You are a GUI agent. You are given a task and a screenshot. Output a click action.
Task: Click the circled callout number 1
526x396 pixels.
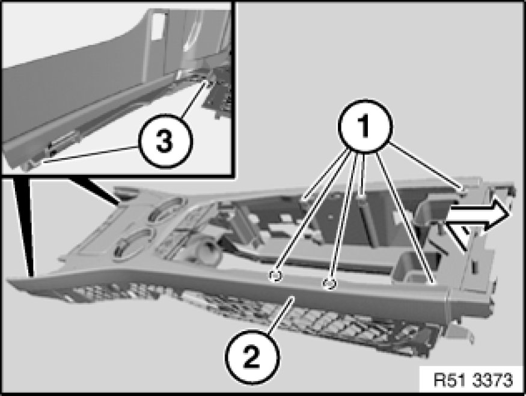click(x=365, y=127)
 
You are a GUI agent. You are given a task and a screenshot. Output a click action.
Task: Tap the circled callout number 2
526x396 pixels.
click(x=252, y=356)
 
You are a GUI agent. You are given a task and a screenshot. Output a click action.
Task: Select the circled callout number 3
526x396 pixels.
click(x=165, y=141)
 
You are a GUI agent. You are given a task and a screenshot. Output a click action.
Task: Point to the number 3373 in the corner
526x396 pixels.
click(x=493, y=380)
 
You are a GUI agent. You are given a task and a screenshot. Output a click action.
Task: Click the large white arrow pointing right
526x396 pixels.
click(x=478, y=213)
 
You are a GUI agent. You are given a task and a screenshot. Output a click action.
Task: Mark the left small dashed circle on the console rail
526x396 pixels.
click(x=275, y=276)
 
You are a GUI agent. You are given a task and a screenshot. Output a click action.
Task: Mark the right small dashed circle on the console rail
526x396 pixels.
click(x=329, y=284)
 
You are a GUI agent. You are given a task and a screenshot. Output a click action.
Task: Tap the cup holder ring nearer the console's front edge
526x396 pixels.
click(x=132, y=245)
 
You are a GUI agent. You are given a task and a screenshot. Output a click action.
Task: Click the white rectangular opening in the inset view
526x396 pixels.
click(x=158, y=27)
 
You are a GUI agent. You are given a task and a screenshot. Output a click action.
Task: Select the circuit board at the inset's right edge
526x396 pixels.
click(x=218, y=94)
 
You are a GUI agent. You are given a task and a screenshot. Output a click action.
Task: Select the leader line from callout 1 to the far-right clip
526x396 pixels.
click(x=426, y=168)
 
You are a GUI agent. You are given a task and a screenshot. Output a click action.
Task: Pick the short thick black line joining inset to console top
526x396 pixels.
click(x=94, y=191)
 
